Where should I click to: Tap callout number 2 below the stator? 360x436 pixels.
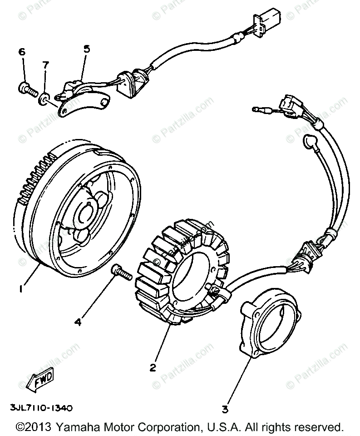153,367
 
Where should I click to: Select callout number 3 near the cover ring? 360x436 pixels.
224,409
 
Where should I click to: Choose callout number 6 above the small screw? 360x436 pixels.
21,52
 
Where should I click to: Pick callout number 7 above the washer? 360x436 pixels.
45,65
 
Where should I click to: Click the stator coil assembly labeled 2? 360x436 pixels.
182,277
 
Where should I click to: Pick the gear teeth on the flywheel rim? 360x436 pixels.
36,177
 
